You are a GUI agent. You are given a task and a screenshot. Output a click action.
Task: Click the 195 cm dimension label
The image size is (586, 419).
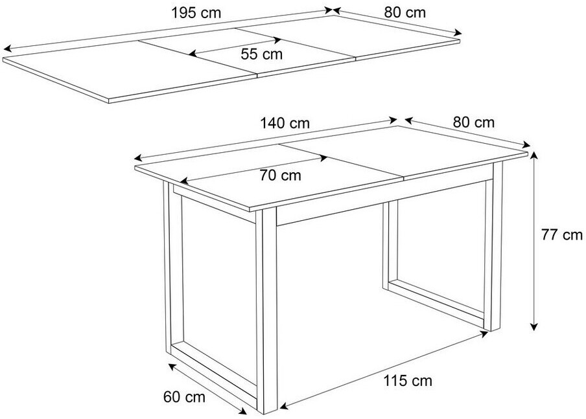196,13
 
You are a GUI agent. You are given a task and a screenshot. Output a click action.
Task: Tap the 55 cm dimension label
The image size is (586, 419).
262,54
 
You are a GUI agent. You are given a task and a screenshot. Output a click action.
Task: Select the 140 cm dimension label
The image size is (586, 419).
285,123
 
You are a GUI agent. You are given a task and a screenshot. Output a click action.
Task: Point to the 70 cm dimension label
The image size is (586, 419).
280,175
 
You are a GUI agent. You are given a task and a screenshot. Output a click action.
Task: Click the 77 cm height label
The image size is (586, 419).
562,235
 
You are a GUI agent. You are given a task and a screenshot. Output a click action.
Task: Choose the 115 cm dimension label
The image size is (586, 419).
408,381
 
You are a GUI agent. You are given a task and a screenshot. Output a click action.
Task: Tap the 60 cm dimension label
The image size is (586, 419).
184,396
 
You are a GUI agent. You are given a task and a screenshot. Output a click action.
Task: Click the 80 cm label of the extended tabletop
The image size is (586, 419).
404,12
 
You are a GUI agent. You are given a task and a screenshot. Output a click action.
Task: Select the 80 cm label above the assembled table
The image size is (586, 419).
473,122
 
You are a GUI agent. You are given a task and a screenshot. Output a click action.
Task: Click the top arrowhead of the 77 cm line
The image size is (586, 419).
534,155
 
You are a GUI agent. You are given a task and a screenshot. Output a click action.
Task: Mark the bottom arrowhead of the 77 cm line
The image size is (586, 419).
534,327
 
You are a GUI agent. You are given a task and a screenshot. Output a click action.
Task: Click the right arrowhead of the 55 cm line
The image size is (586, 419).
277,40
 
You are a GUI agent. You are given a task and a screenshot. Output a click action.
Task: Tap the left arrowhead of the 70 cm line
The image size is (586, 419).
184,181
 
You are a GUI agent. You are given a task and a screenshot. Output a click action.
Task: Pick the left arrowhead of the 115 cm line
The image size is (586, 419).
284,405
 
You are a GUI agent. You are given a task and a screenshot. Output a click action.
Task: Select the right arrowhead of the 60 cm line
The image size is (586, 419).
244,411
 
